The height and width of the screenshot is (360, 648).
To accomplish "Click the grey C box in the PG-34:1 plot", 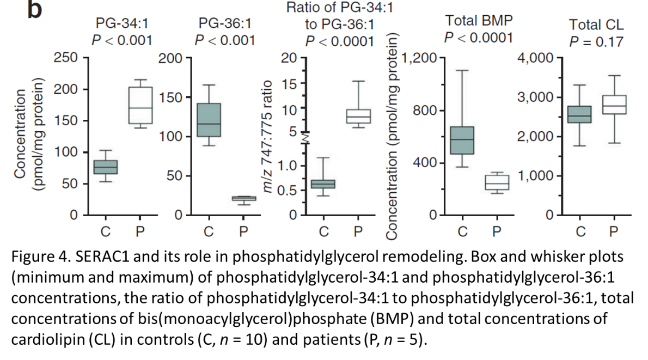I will point(106,167).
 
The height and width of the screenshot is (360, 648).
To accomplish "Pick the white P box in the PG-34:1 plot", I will point(140,105).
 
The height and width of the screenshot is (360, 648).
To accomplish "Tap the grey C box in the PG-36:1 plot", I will point(209,120).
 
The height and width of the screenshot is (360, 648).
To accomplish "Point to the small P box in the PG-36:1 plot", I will point(243,198).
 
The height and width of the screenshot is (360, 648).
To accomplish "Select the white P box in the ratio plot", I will point(358,116).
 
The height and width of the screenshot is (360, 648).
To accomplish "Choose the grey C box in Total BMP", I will point(462,141).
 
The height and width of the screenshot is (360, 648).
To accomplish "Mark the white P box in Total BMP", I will point(496,182).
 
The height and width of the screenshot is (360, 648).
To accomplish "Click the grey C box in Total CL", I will point(581,114).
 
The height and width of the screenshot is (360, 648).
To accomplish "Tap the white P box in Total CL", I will point(614,105).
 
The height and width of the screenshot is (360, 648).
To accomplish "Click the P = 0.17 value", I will point(596,41).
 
